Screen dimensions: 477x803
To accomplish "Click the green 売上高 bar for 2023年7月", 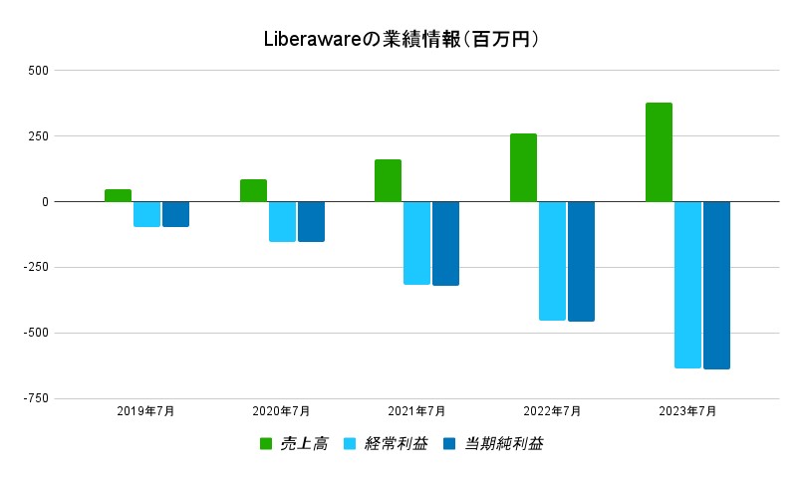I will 659,152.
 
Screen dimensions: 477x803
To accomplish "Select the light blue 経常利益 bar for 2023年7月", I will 687,285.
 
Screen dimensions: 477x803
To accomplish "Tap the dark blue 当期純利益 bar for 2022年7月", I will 581,261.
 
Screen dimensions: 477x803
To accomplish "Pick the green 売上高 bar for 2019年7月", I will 118,195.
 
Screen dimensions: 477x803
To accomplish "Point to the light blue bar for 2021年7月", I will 416,243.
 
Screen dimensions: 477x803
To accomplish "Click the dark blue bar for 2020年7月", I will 311,221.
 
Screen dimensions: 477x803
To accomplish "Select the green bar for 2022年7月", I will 523,167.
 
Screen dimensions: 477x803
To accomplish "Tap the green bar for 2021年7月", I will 388,180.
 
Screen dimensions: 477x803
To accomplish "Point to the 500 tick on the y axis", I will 39,71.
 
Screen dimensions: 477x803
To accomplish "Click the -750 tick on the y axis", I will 35,398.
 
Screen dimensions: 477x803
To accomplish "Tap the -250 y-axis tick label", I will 35,267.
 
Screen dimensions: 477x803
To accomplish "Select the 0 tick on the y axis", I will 45,202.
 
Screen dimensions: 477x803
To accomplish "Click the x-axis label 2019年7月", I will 145,410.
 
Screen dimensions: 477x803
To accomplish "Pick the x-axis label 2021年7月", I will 416,410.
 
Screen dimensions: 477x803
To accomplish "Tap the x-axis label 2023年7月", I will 687,410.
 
